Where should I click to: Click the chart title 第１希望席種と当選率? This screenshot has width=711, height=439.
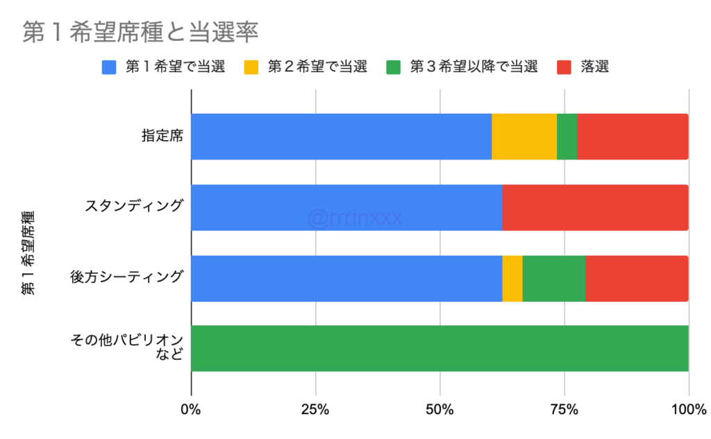pos(140,33)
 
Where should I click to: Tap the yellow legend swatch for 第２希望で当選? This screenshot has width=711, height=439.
pos(251,67)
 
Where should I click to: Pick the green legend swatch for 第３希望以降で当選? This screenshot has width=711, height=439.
pos(394,67)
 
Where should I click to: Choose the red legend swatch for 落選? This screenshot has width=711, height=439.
pos(565,67)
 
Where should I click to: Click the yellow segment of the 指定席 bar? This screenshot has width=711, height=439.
pos(524,137)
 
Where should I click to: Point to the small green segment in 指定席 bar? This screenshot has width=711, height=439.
pos(567,137)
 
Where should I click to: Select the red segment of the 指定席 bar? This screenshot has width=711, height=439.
pos(633,137)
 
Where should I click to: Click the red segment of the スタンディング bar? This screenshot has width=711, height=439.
pos(595,207)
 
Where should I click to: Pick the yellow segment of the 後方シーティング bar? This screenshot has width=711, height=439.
pos(512,278)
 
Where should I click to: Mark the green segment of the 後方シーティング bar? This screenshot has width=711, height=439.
pos(553,278)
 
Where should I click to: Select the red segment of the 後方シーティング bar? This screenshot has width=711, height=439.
pos(637,278)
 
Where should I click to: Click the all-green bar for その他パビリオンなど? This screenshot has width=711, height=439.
pos(440,348)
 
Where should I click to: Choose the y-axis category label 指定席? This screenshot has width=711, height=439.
pos(162,136)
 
